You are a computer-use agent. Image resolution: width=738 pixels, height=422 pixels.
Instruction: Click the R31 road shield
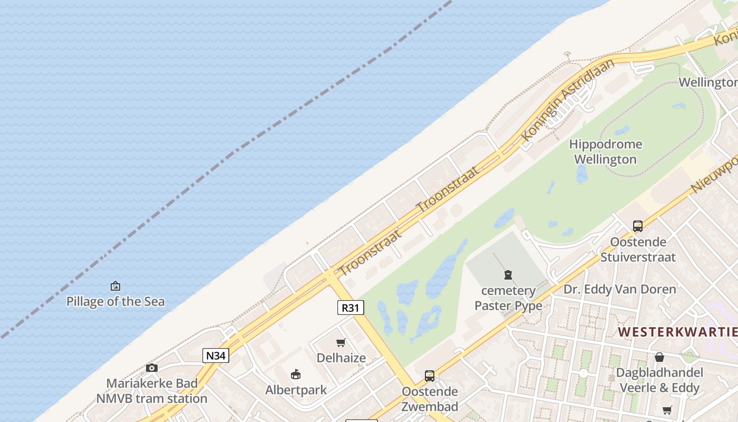click(x=351, y=308)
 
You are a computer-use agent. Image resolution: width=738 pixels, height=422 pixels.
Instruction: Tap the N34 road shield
click(x=216, y=356)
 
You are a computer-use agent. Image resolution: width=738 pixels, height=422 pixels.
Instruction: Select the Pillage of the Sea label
click(x=115, y=302)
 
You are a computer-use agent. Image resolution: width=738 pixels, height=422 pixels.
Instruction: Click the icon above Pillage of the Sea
click(x=115, y=286)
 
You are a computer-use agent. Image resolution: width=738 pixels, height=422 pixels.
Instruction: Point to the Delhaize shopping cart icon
click(x=341, y=343)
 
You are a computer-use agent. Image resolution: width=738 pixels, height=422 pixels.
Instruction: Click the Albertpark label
click(x=296, y=390)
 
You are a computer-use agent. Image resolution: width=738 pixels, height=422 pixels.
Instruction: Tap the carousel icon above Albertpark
click(x=296, y=375)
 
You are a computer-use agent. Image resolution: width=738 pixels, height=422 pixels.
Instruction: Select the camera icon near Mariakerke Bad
click(x=152, y=368)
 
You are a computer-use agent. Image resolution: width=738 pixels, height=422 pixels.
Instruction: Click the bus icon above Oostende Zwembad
click(x=430, y=376)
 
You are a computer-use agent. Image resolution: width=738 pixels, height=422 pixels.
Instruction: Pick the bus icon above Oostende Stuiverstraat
click(x=638, y=226)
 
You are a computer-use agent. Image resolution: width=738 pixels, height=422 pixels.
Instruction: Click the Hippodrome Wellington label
click(x=606, y=152)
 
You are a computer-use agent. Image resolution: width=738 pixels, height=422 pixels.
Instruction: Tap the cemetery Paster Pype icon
click(x=508, y=275)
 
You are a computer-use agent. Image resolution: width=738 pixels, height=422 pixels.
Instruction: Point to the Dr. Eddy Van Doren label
click(x=619, y=289)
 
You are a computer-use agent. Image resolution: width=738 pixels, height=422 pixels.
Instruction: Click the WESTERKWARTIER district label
click(x=678, y=332)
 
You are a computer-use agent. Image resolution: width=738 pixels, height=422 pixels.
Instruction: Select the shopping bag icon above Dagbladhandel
click(x=659, y=357)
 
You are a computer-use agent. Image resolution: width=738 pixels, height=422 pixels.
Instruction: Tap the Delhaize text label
click(x=341, y=358)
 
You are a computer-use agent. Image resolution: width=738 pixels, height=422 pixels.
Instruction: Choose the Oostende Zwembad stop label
click(x=430, y=399)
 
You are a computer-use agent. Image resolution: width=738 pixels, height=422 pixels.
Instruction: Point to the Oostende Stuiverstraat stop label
click(x=638, y=250)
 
